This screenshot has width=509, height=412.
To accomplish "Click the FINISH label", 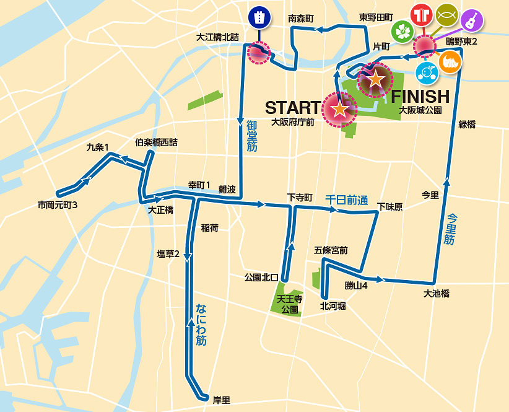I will click(420, 96).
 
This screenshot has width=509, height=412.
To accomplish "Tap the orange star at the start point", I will click(339, 110).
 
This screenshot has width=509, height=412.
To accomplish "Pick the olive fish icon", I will click(447, 15).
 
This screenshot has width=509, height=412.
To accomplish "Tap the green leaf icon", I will click(402, 32).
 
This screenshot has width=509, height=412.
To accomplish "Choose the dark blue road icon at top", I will click(258, 17).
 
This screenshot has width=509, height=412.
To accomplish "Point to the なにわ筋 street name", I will click(201, 324).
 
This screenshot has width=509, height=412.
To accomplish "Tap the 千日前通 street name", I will click(347, 201).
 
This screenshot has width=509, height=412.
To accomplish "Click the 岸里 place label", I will click(222, 400).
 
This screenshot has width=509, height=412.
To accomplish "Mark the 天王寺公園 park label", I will click(290, 304).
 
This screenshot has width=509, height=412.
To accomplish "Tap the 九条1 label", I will click(97, 147).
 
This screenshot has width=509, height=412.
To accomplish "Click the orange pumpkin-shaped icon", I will click(451, 62).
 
